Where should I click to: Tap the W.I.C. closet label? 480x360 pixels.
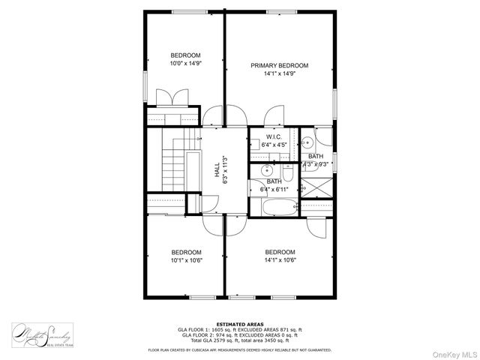click(273, 136)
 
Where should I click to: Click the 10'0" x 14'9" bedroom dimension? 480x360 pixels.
click(185, 64)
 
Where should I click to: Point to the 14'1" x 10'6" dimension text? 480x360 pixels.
click(280, 260)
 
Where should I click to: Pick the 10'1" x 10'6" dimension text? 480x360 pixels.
click(186, 260)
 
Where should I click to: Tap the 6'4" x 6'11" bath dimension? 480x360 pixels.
click(274, 190)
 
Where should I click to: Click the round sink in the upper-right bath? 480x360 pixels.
click(307, 142)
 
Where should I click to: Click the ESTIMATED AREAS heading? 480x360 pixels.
click(239, 323)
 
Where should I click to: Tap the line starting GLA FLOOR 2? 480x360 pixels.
click(239, 334)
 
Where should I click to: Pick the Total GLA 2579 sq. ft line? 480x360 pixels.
click(239, 340)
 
